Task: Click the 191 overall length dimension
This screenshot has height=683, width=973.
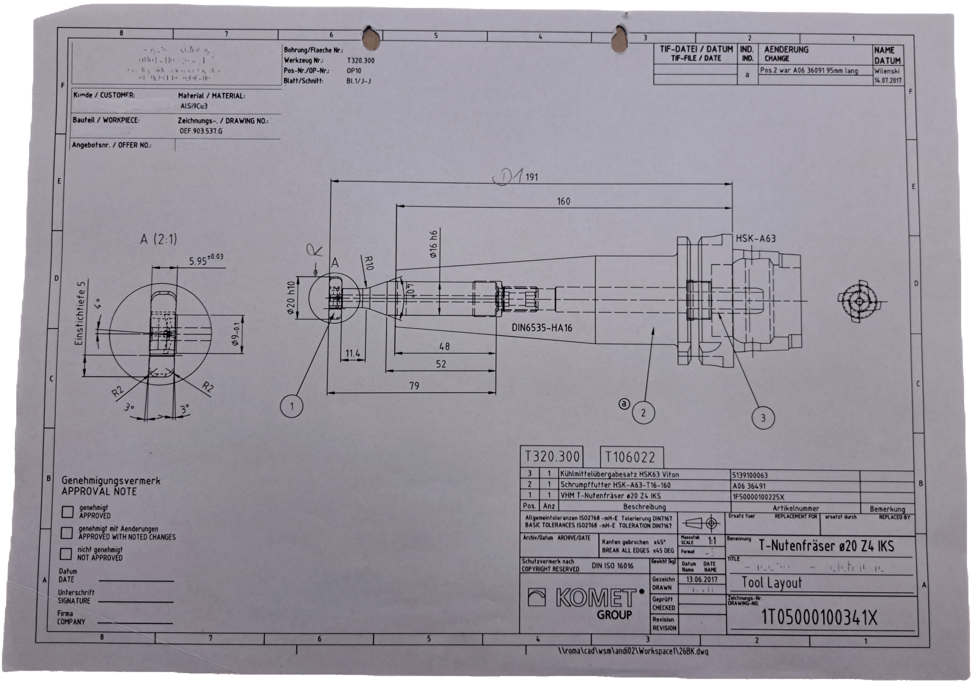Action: (x=531, y=177)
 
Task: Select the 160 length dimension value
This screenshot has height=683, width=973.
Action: (x=563, y=201)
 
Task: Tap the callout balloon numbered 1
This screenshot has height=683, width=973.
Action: (x=292, y=406)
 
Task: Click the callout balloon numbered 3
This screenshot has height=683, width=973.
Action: (x=763, y=418)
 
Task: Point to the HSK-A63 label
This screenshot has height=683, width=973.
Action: (x=756, y=239)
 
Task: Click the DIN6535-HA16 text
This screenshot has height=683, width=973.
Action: (x=542, y=328)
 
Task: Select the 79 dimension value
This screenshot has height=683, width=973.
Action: (x=414, y=385)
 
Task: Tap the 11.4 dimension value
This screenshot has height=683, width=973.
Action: (x=352, y=353)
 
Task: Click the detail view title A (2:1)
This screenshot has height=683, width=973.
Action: (x=158, y=239)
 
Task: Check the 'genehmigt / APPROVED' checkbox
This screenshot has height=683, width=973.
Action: (x=68, y=512)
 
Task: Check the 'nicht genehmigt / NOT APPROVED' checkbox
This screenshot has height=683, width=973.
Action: (x=66, y=553)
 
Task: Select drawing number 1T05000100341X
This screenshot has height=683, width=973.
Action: (x=819, y=617)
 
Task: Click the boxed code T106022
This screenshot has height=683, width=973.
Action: (x=630, y=457)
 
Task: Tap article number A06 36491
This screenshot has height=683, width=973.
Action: (x=749, y=485)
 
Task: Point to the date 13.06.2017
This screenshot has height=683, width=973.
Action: (x=702, y=579)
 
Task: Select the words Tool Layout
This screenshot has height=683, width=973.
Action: (x=772, y=583)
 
